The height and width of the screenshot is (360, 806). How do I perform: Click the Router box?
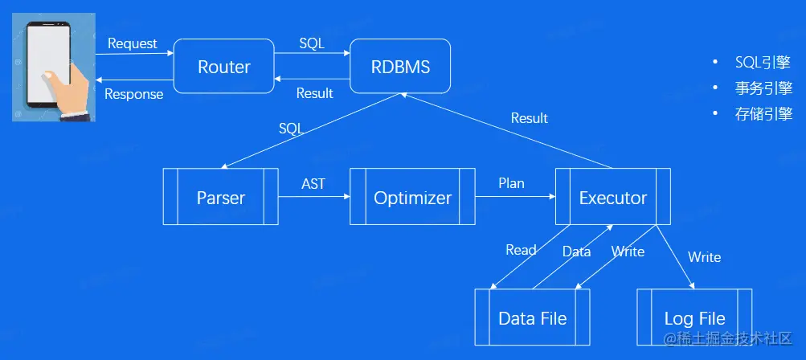pyautogui.click(x=223, y=67)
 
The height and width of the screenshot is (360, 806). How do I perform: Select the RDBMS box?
pyautogui.click(x=400, y=67)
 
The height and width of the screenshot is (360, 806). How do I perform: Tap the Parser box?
pyautogui.click(x=220, y=196)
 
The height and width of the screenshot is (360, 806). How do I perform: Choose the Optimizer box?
pyautogui.click(x=412, y=196)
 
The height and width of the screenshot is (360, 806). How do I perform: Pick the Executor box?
pyautogui.click(x=612, y=196)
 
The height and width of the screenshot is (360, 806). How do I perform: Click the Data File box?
pyautogui.click(x=532, y=317)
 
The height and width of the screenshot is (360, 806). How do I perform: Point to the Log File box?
pyautogui.click(x=694, y=317)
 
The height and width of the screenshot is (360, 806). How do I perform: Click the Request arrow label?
pyautogui.click(x=133, y=44)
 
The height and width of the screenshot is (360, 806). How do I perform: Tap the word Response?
pyautogui.click(x=134, y=94)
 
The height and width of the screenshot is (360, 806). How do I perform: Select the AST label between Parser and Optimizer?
pyautogui.click(x=313, y=183)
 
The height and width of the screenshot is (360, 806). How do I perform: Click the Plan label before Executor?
pyautogui.click(x=511, y=182)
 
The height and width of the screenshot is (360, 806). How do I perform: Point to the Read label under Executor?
pyautogui.click(x=521, y=250)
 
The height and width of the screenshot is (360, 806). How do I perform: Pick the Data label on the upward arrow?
pyautogui.click(x=576, y=252)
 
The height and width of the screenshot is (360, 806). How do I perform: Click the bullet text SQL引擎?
pyautogui.click(x=763, y=62)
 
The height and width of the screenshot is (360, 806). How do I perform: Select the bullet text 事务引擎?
pyautogui.click(x=763, y=88)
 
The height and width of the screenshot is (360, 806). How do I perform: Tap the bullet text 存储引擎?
pyautogui.click(x=763, y=113)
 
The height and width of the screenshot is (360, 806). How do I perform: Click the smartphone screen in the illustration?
pyautogui.click(x=48, y=63)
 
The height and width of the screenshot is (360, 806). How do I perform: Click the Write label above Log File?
pyautogui.click(x=704, y=256)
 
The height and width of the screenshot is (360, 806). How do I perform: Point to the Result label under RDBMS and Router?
pyautogui.click(x=314, y=93)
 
